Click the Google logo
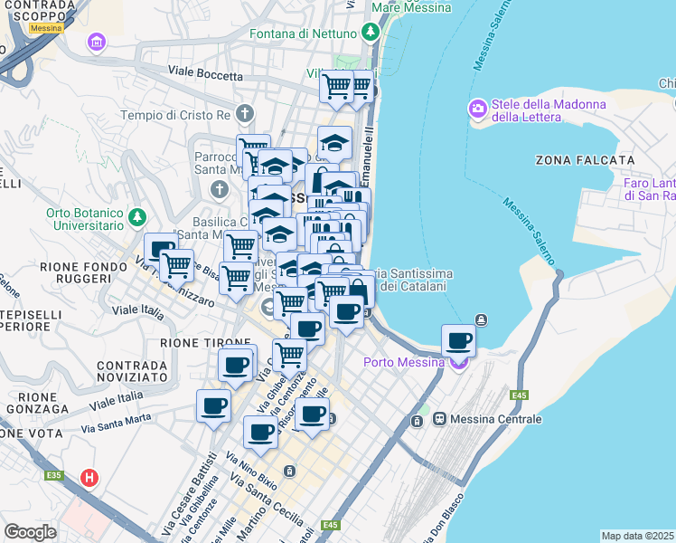pyautogui.click(x=30, y=531)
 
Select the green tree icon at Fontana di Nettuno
pyautogui.click(x=370, y=33)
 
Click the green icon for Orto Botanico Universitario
pyautogui.click(x=136, y=217)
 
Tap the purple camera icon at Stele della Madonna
pyautogui.click(x=477, y=110)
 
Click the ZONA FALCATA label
pyautogui.click(x=584, y=160)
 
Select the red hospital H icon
pyautogui.click(x=89, y=477)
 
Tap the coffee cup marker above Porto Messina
pyautogui.click(x=459, y=340)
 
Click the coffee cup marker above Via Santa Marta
pyautogui.click(x=213, y=407)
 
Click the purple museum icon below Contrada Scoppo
pyautogui.click(x=96, y=43)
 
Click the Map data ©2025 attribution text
pyautogui.click(x=638, y=536)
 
